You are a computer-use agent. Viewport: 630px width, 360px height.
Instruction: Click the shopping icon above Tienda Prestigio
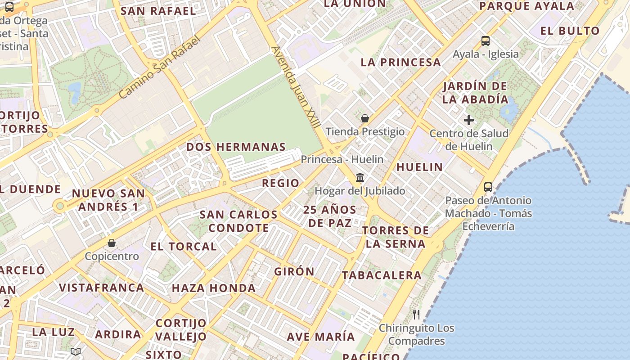[x=365, y=118]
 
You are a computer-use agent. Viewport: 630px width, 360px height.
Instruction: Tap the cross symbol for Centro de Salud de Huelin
[x=469, y=120]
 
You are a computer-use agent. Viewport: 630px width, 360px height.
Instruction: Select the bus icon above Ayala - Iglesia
[x=485, y=41]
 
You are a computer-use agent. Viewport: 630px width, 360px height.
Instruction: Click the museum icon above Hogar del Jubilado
[x=360, y=177]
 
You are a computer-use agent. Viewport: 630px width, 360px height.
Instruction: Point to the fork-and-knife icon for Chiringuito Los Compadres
[x=416, y=315]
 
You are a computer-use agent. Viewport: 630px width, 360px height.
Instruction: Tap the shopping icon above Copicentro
[x=112, y=243]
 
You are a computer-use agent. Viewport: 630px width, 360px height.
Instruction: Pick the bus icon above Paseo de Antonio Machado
[x=488, y=187]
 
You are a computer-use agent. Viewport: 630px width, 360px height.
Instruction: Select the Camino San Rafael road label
[x=159, y=67]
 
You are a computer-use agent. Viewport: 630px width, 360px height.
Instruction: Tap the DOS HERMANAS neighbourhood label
[x=236, y=147]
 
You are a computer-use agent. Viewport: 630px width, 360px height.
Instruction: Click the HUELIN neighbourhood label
[x=419, y=167]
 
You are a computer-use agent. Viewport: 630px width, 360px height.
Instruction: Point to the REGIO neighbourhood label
[x=280, y=183]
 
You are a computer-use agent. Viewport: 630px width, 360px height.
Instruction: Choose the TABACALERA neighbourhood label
[x=382, y=275]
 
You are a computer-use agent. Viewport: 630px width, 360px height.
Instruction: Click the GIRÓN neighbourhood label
[x=294, y=271]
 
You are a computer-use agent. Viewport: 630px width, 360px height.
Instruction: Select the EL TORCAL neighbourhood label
[x=184, y=247]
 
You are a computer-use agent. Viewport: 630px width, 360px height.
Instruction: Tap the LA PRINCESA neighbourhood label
[x=400, y=63]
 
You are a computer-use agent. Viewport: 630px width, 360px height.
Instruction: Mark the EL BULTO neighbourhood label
[x=570, y=31]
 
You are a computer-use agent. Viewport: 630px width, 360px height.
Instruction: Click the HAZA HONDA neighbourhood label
[x=214, y=288]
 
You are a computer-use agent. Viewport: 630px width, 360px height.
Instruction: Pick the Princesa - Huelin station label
[x=342, y=159]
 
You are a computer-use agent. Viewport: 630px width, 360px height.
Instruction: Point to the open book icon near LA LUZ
[x=76, y=351]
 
